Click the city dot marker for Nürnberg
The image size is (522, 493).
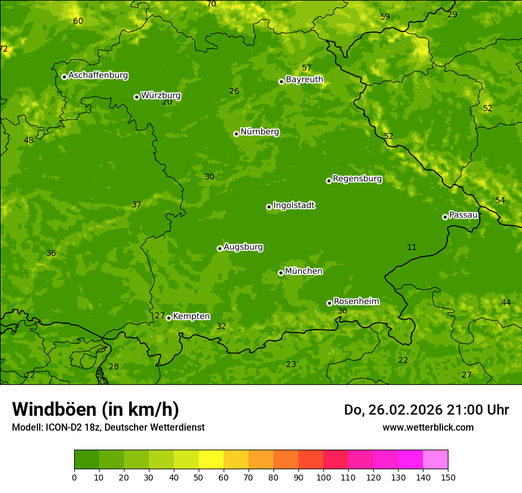point(236,134)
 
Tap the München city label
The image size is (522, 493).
point(304,271)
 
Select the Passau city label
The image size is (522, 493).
point(463,215)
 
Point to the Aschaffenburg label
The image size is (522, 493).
point(98,75)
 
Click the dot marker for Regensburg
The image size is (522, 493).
point(329,181)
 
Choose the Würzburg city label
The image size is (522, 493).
point(161,96)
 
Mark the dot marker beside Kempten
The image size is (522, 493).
point(168,318)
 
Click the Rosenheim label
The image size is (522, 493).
point(356,302)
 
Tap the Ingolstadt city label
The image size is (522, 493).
point(294,206)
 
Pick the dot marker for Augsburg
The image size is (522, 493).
point(219,248)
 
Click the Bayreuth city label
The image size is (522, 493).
point(304,80)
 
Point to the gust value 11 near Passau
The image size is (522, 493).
point(412,247)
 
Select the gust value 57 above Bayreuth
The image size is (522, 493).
point(306,68)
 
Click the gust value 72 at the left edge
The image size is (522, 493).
point(4,49)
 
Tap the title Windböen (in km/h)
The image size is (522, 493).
point(96,409)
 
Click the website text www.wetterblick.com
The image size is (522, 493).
point(428,427)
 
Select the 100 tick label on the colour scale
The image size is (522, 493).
point(323,477)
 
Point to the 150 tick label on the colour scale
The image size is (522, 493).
point(448,477)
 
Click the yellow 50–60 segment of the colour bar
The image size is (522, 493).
point(211,460)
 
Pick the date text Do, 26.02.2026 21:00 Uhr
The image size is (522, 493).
point(426,410)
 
